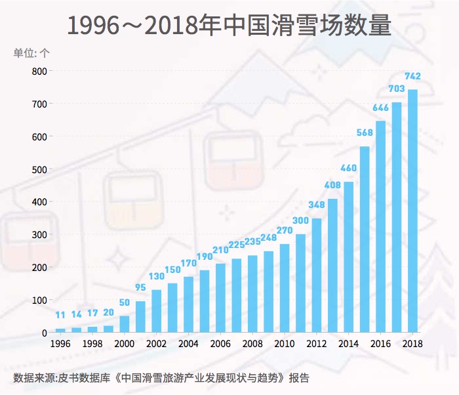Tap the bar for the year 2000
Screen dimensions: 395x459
[125, 324]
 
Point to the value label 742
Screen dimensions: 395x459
[412, 76]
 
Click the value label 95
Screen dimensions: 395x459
[140, 287]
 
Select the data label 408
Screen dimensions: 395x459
[332, 184]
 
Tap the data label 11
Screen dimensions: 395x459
[60, 315]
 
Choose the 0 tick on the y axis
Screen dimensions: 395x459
[44, 333]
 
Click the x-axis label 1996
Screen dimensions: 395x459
[60, 344]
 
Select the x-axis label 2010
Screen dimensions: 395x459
[285, 344]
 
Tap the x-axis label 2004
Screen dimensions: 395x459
[188, 344]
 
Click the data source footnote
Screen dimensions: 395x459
[161, 378]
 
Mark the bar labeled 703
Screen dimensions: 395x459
[397, 217]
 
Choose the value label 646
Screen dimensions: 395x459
[380, 108]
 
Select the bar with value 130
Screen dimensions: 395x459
[157, 311]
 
